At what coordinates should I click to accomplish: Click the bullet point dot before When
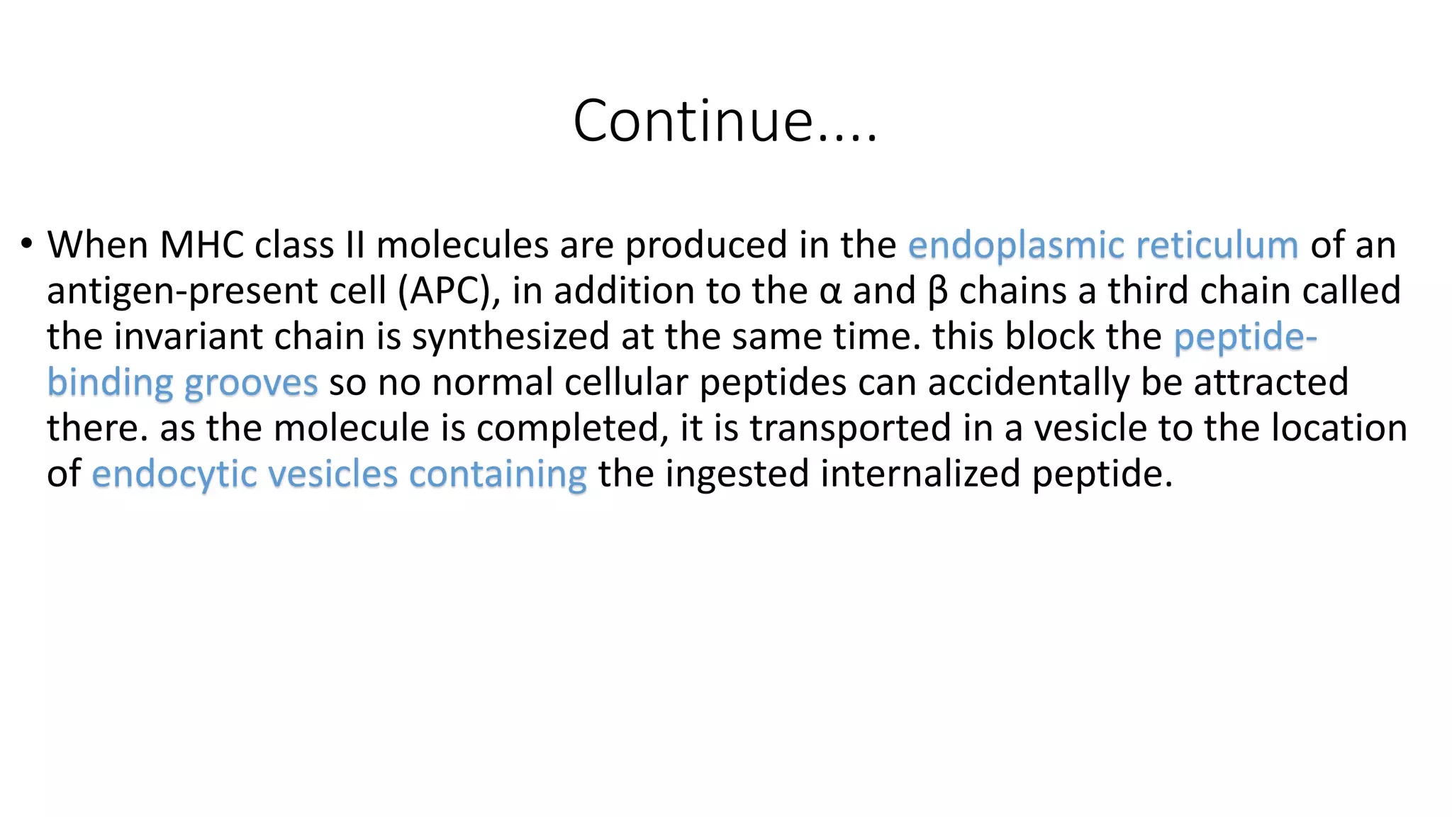coord(27,244)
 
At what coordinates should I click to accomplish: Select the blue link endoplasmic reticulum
coord(1102,245)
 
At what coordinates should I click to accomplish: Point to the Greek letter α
coord(830,293)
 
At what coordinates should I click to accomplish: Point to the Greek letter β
coord(937,291)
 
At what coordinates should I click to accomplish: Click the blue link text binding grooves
coord(182,384)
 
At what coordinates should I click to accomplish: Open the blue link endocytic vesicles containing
coord(339,474)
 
